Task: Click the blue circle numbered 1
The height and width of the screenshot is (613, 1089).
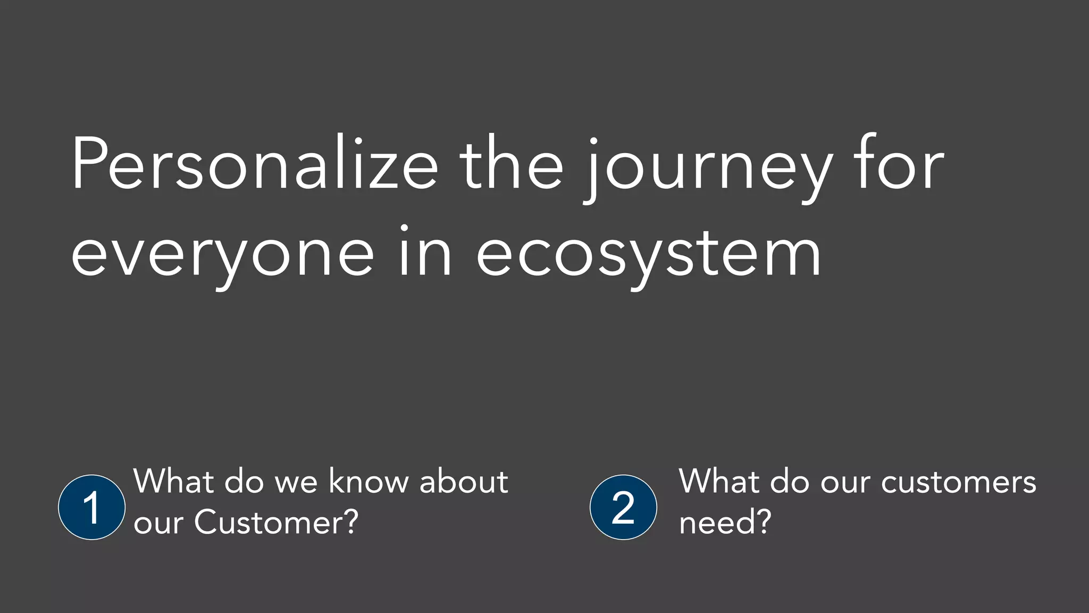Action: (92, 507)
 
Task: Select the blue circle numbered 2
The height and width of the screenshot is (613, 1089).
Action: (623, 507)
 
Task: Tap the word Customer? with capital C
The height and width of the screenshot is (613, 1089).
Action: (277, 522)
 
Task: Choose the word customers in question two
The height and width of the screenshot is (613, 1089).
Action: (958, 483)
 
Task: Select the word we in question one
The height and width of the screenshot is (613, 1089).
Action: (296, 483)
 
